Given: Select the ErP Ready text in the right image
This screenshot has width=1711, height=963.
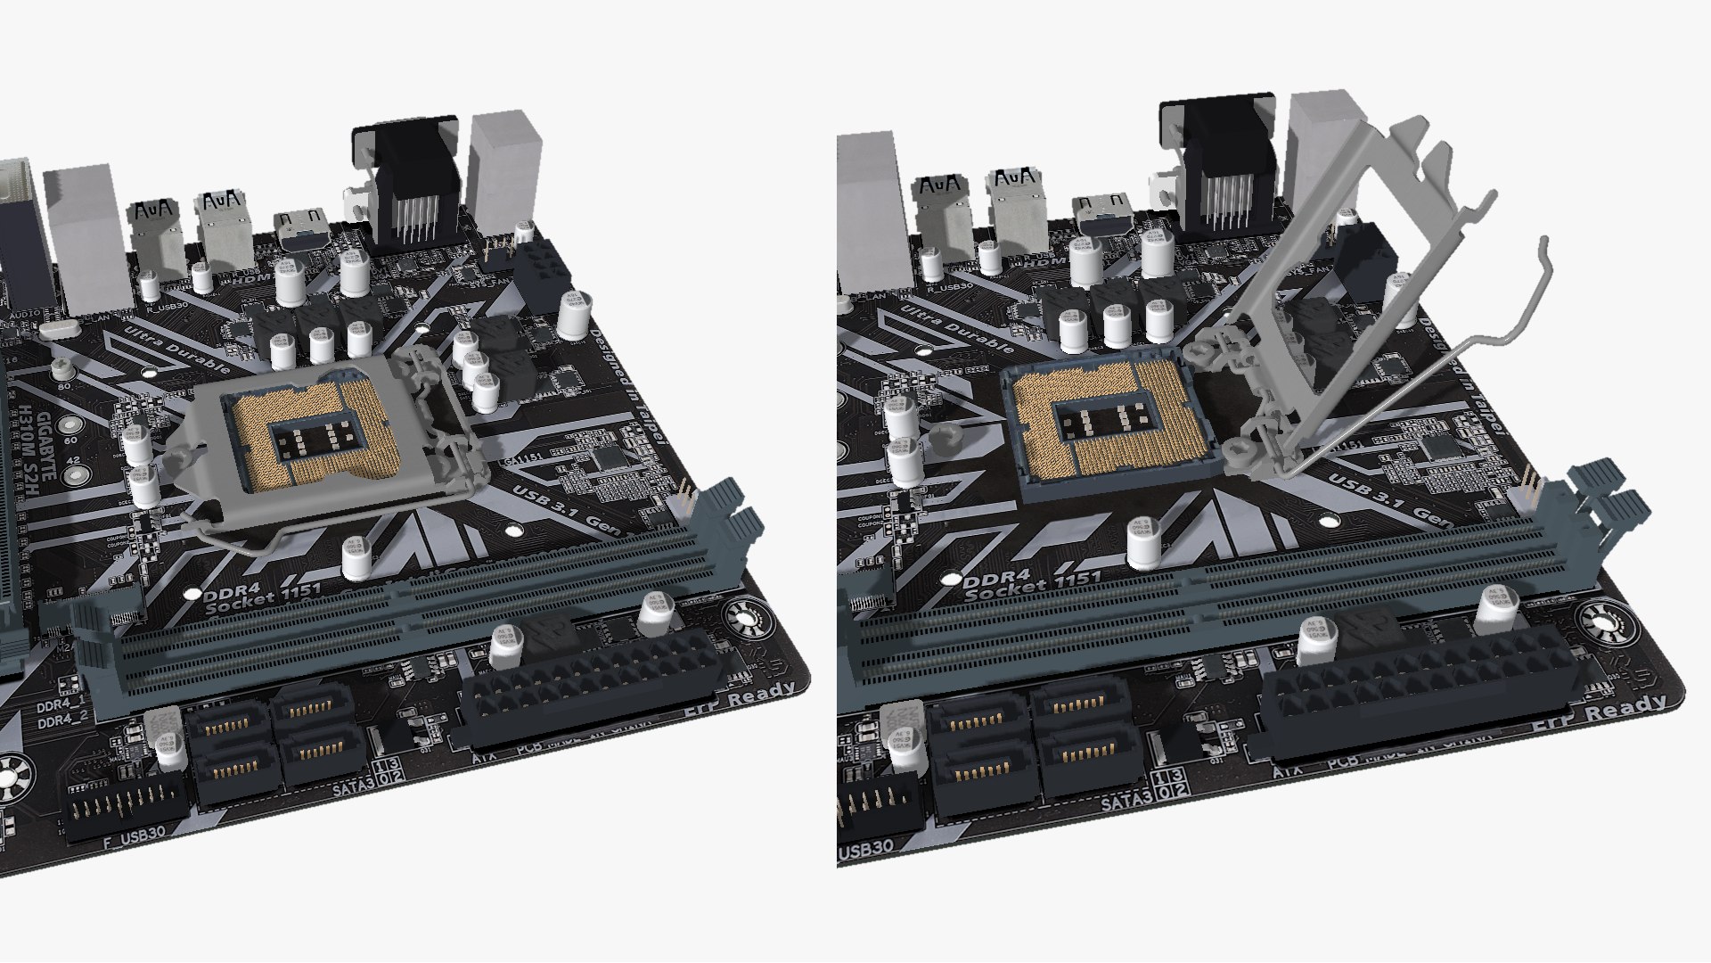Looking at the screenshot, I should [x=1600, y=713].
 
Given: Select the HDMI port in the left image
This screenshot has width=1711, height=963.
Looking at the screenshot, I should [x=300, y=230].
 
